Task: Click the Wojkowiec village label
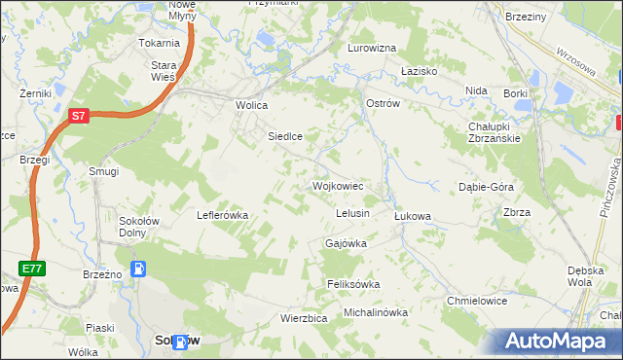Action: click(338, 185)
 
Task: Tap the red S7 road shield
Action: click(80, 116)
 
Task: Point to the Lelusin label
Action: click(351, 213)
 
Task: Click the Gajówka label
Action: click(346, 243)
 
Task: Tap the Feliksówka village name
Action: click(352, 284)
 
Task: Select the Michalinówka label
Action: click(376, 312)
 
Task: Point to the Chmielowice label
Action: click(477, 301)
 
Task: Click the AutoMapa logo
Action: click(552, 342)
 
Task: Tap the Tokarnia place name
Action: click(160, 44)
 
